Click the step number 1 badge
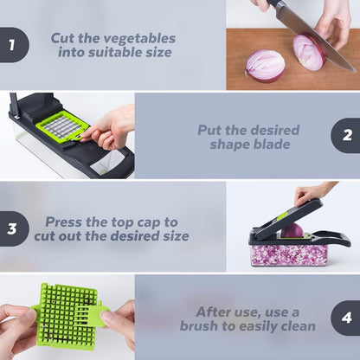click(12, 45)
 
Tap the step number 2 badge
click(347, 136)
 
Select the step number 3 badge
click(12, 228)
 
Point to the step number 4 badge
click(347, 318)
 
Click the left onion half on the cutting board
click(265, 65)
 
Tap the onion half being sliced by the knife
click(308, 52)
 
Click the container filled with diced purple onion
click(290, 254)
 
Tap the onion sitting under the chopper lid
click(292, 231)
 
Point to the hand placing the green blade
click(109, 128)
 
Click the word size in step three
click(172, 235)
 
